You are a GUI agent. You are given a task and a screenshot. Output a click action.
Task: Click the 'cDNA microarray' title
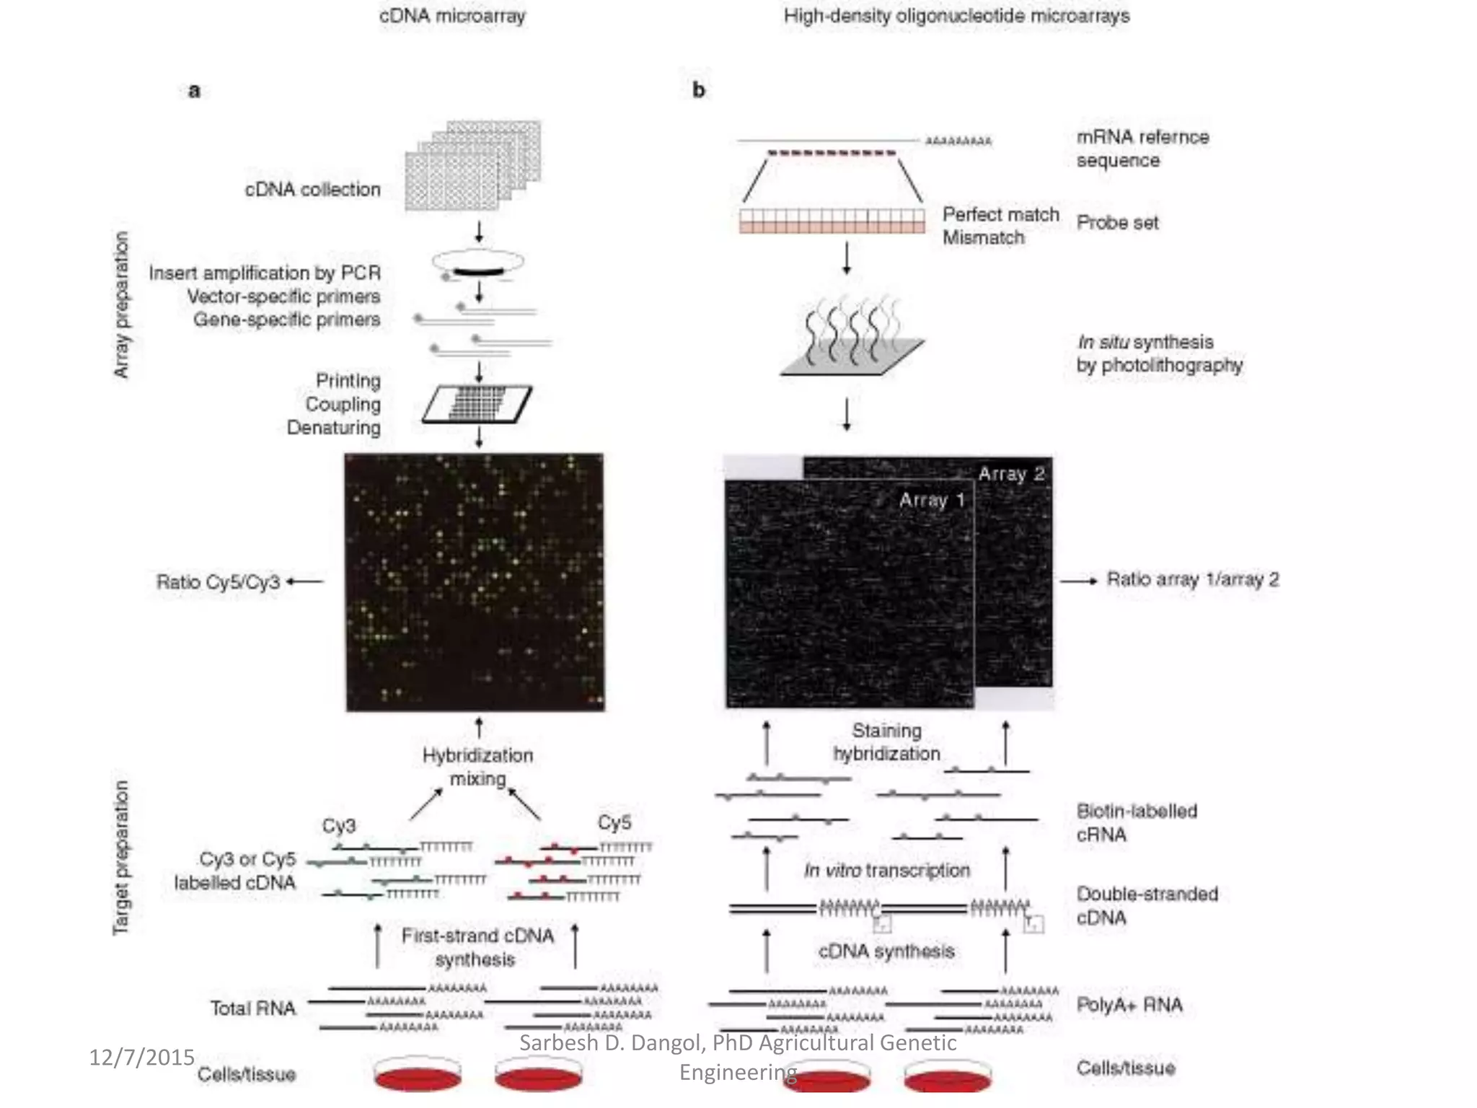(x=452, y=16)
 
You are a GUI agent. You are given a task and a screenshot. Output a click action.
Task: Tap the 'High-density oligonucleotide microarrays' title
(x=956, y=16)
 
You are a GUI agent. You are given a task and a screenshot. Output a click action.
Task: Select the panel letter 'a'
(x=194, y=91)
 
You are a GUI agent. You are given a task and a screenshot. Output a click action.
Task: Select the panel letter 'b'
(x=698, y=90)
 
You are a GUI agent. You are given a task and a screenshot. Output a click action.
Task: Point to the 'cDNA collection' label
(x=312, y=190)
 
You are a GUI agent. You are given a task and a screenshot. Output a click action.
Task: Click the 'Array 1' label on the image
(x=931, y=500)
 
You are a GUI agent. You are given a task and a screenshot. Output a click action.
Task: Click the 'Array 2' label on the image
(x=1011, y=474)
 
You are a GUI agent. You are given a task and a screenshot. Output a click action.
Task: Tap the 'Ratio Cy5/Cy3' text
(x=218, y=581)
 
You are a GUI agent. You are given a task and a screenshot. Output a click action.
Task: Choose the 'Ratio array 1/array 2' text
(x=1193, y=579)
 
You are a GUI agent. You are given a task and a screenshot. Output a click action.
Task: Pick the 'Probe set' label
(x=1117, y=223)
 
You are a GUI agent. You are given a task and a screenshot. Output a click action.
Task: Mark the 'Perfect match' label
(x=1000, y=214)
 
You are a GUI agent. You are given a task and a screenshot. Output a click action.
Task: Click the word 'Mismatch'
(x=983, y=237)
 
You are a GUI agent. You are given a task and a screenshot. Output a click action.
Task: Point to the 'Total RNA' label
(x=252, y=1008)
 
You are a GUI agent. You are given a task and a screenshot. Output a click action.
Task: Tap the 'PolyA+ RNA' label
(x=1129, y=1005)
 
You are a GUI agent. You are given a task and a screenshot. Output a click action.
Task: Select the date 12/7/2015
(x=141, y=1058)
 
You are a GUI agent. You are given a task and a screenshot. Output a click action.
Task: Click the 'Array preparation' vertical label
(x=122, y=304)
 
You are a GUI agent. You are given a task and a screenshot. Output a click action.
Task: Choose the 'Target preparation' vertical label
(x=121, y=858)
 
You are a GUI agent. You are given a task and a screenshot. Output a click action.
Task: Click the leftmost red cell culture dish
(x=418, y=1076)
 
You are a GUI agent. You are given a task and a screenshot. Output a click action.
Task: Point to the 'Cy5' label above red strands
(x=614, y=822)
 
